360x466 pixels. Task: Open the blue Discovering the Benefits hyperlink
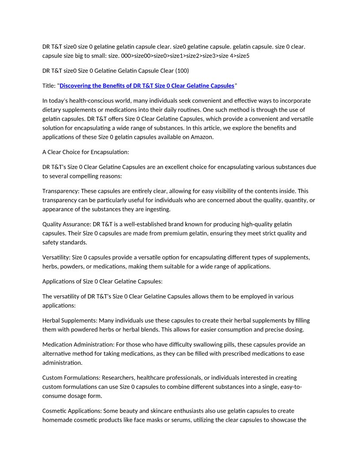coord(147,86)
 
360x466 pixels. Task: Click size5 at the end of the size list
coord(242,56)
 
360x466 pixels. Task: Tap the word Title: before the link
coord(49,86)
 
